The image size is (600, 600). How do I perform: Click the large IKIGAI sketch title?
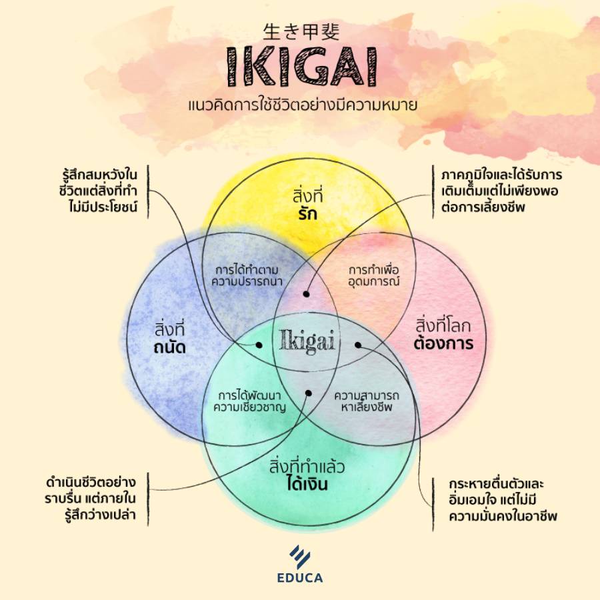[302, 66]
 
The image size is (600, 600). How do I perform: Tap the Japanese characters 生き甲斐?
[301, 32]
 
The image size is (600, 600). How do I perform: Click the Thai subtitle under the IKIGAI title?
[302, 105]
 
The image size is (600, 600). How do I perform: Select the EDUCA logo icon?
[300, 557]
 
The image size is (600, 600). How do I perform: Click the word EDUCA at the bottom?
[300, 578]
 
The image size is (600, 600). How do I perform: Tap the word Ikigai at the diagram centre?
[307, 340]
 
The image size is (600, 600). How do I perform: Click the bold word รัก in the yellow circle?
[308, 214]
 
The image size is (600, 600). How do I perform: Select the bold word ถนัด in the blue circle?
[169, 347]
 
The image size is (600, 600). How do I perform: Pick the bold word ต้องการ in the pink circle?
[443, 343]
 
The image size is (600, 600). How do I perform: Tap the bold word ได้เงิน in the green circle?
[307, 484]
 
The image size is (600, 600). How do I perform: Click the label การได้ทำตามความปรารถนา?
[247, 275]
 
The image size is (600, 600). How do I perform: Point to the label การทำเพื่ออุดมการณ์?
[374, 275]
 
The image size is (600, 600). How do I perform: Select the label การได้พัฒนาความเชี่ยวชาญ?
[249, 401]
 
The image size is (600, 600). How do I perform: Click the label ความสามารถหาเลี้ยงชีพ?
[367, 401]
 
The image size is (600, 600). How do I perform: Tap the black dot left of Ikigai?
[259, 345]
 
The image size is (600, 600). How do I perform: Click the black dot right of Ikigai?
[358, 345]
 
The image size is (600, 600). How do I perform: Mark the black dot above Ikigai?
[306, 294]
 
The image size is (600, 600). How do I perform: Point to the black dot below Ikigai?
[309, 393]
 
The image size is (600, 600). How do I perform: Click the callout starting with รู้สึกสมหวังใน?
[99, 191]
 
